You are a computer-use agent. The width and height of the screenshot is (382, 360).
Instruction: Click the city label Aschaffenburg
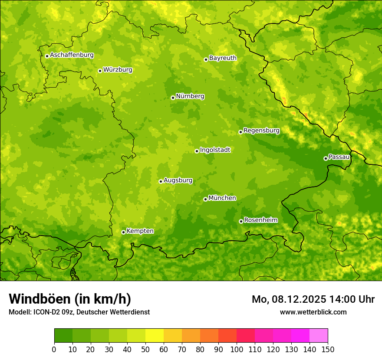point(72,55)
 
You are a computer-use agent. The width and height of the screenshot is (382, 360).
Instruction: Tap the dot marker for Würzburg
point(100,71)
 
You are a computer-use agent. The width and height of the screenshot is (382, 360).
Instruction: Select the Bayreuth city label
point(223,58)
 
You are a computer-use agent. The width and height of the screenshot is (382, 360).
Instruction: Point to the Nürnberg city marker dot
point(173,98)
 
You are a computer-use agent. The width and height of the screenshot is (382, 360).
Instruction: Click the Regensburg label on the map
point(261,131)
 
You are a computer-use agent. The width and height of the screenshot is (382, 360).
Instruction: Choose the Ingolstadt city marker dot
point(197,151)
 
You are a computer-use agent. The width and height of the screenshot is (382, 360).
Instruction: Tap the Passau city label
point(339,157)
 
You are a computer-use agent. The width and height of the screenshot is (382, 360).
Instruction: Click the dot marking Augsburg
point(161,181)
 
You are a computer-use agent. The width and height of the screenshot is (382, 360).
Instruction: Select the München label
point(222,198)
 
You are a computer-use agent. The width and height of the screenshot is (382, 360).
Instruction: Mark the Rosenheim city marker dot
point(241,221)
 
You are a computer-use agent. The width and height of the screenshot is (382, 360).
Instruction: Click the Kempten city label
point(140,231)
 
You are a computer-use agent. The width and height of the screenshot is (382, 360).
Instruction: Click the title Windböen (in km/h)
point(70,299)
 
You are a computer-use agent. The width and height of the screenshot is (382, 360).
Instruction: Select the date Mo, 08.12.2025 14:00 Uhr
point(313,299)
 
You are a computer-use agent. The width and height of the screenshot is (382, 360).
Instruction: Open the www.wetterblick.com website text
point(313,312)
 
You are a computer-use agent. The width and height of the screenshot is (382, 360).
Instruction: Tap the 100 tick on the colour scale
point(237,349)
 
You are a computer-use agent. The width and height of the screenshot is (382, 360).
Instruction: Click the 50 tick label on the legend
point(145,349)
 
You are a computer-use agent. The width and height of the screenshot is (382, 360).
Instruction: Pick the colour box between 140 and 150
point(319,335)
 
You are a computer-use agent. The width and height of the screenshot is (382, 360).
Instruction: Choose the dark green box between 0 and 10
point(63,335)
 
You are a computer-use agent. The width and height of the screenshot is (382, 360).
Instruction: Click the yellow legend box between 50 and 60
point(155,335)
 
